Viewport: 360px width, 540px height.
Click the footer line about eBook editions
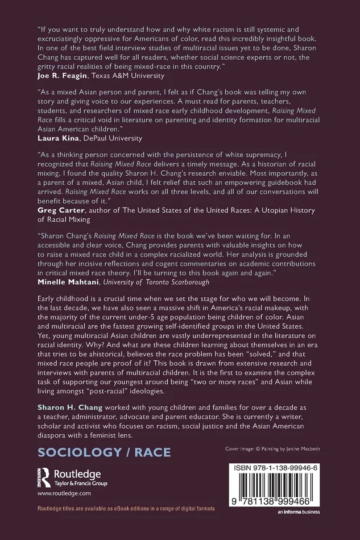point(126,508)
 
